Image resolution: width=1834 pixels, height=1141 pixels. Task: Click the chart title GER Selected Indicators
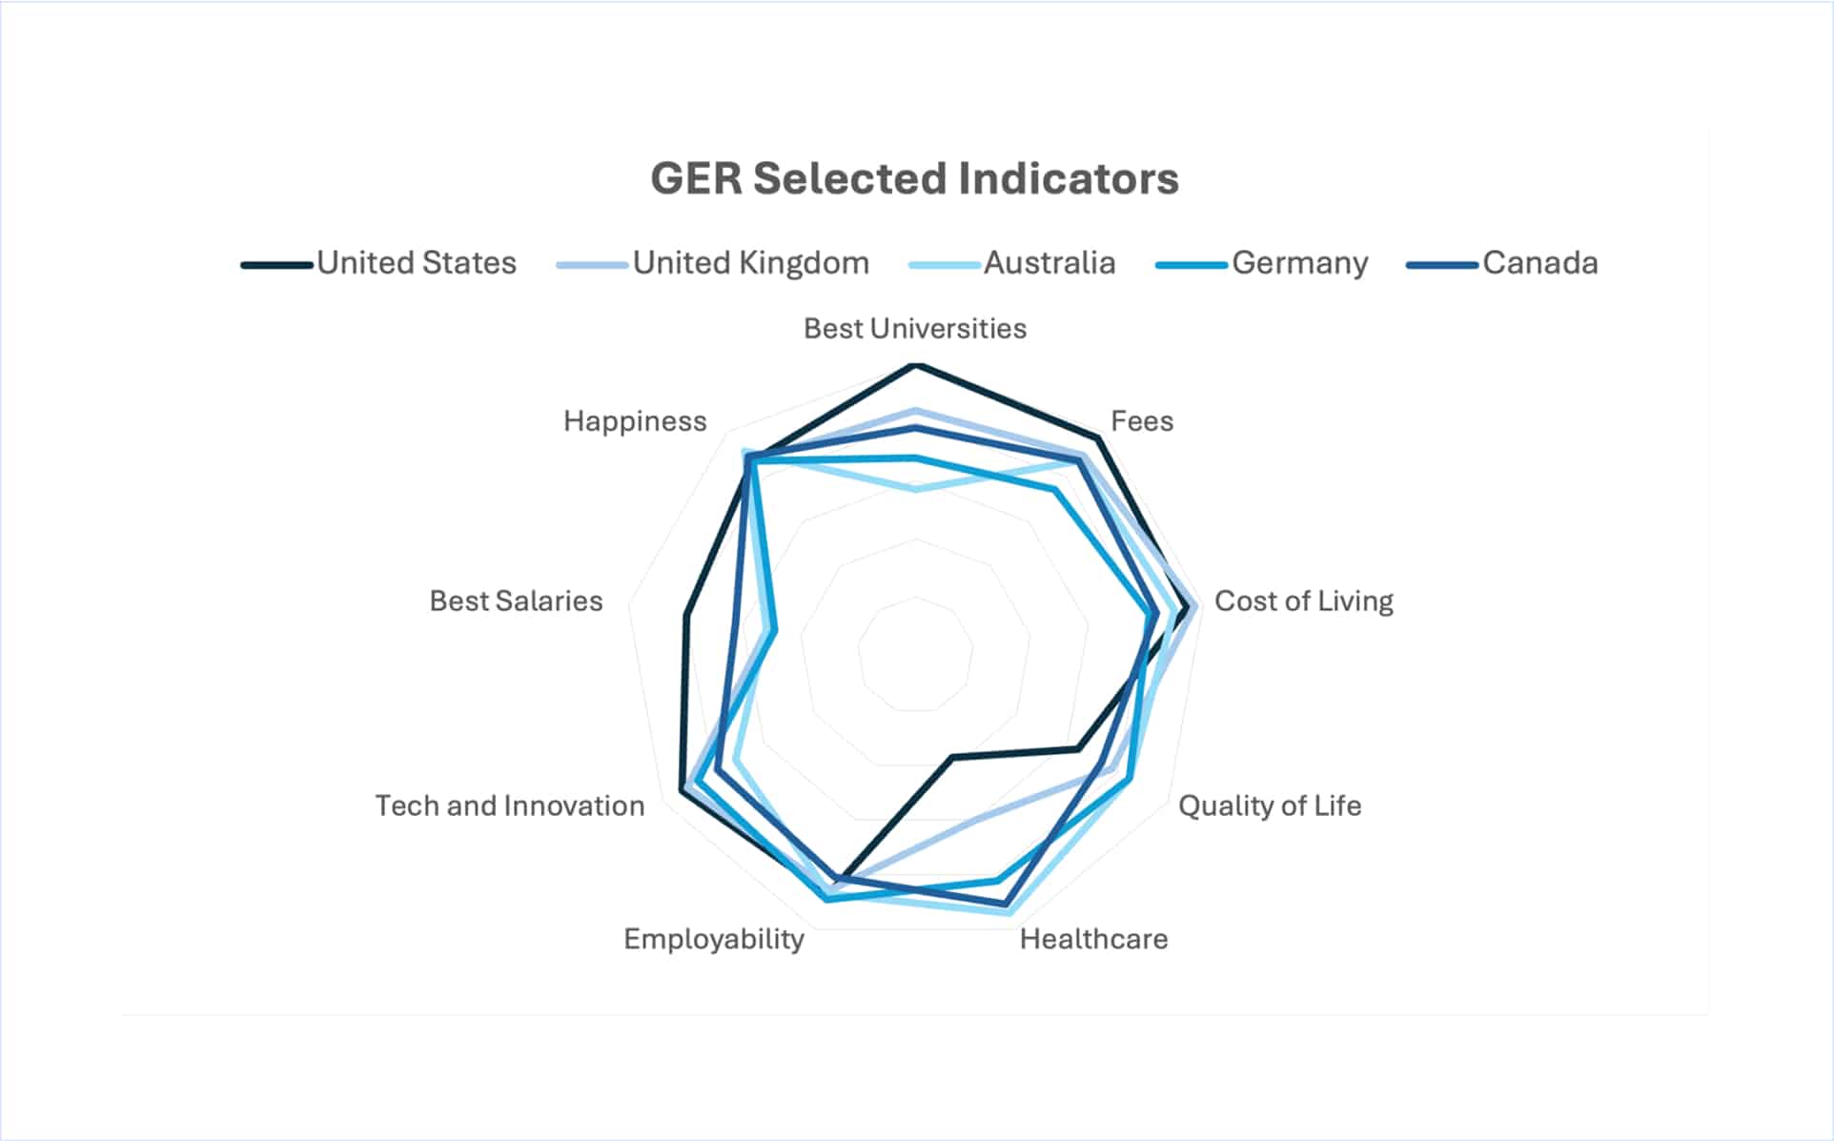914,178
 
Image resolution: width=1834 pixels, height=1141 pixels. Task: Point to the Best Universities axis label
914,329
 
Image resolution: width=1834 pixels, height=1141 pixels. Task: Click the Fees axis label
1141,421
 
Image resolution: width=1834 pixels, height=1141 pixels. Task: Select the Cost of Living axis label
1303,601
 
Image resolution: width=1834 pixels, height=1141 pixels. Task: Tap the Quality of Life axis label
1269,806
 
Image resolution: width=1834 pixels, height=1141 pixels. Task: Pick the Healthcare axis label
1093,940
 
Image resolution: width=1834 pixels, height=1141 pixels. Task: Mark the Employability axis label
714,940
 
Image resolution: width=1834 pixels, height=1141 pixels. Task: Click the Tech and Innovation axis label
510,806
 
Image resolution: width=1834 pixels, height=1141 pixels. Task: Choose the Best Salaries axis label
516,601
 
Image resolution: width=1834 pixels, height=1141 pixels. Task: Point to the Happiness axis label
635,421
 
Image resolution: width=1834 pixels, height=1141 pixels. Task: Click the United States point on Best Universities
915,365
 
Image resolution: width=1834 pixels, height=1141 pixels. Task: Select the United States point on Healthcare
951,758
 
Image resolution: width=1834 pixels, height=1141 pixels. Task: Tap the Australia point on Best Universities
915,489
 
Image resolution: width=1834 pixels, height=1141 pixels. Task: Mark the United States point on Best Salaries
685,616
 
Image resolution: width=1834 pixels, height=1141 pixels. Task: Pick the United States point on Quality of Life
1078,748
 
